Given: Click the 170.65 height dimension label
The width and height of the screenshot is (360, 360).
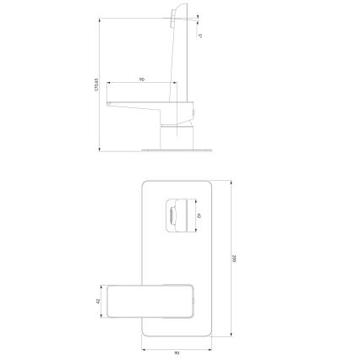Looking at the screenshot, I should tap(97, 85).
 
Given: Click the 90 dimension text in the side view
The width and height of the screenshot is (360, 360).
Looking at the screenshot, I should tap(140, 79).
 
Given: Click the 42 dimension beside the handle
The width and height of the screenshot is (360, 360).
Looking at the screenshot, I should tap(198, 215).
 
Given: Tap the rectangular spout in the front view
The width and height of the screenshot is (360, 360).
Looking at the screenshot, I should tap(153, 300).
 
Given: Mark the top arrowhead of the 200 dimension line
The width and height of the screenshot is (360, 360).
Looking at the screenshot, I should tap(232, 180).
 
